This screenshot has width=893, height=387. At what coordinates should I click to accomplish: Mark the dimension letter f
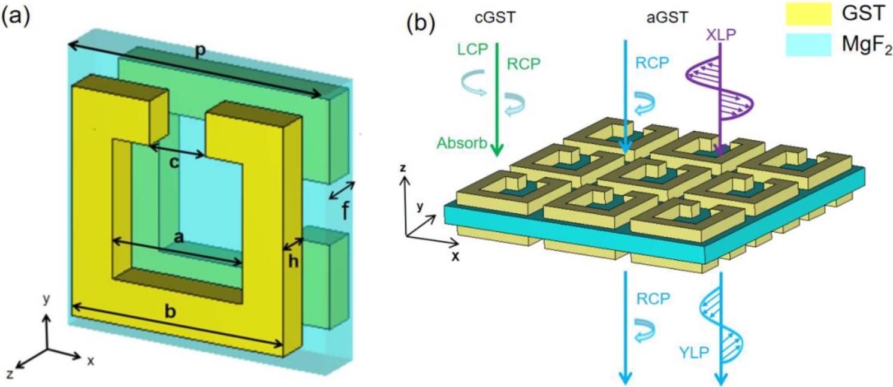click(x=346, y=211)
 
